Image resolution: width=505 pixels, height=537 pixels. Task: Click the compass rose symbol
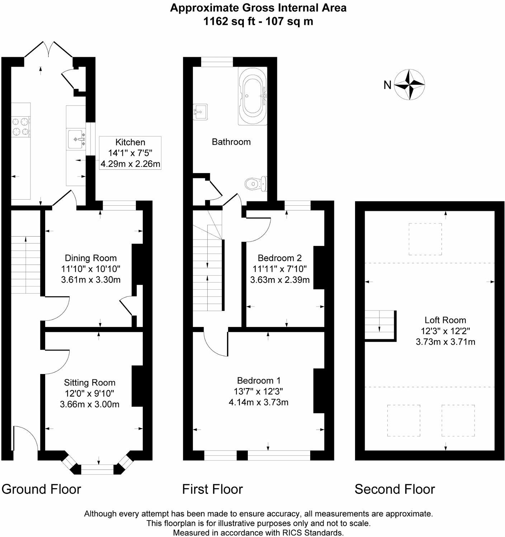pos(410,85)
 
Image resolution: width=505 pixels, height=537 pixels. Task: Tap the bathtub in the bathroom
pos(252,96)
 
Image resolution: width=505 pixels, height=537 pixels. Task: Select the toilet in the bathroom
pos(256,184)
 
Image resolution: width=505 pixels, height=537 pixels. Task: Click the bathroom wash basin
pos(200,112)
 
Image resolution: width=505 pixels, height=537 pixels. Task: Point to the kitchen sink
pos(76,139)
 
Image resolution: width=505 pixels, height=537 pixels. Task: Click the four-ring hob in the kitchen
pos(21,127)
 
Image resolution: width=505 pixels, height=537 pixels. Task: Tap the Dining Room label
pos(91,258)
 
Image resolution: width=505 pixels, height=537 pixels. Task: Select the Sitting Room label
pos(90,383)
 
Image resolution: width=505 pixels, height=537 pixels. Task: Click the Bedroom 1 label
pos(259,380)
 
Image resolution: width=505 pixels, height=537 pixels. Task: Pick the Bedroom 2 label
pos(280,258)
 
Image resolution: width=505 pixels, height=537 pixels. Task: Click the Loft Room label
pos(445,320)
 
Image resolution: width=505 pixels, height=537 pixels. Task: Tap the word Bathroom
pos(231,142)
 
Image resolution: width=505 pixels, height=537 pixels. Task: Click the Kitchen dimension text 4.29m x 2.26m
pos(130,164)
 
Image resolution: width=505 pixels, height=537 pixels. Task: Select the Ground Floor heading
pos(41,489)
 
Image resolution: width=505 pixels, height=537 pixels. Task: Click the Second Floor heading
pos(395,489)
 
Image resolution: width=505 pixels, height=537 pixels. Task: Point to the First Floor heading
pos(212,489)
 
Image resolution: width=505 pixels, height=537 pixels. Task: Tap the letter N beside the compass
pos(387,85)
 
